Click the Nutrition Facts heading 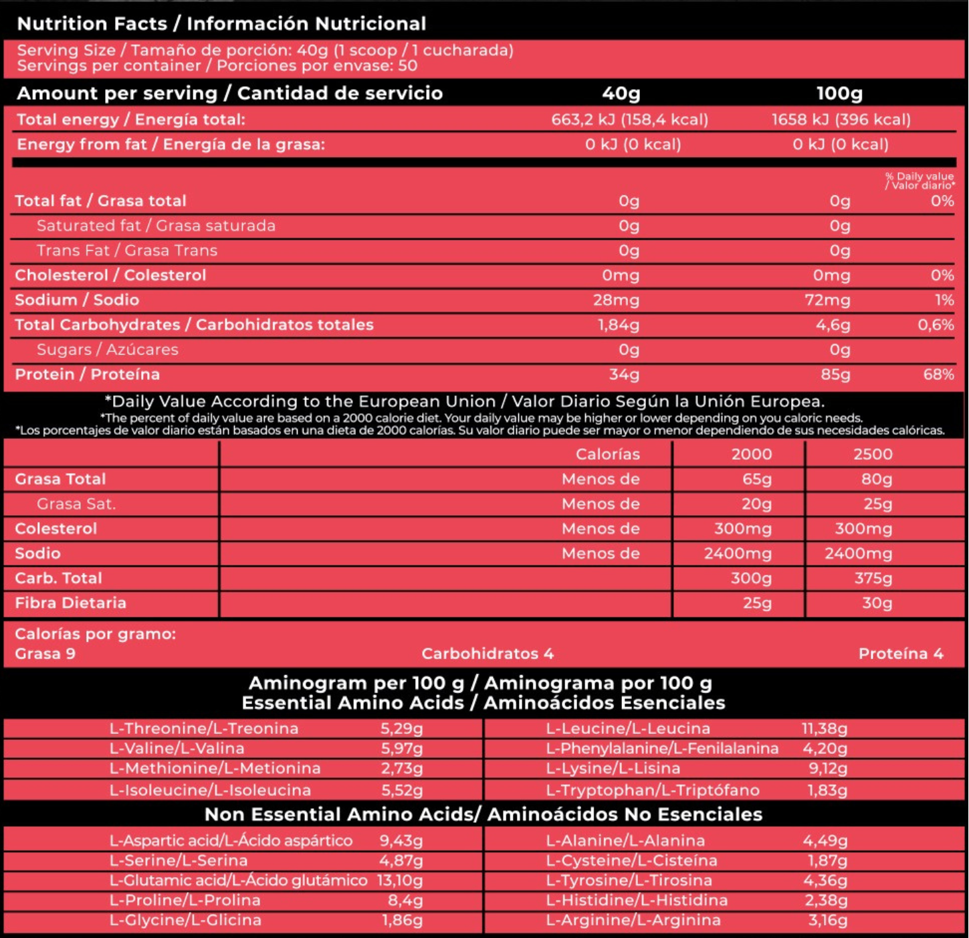pyautogui.click(x=221, y=23)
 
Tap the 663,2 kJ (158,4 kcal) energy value pyautogui.click(x=629, y=120)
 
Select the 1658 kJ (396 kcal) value pyautogui.click(x=841, y=120)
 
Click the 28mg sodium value pyautogui.click(x=616, y=300)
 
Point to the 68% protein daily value pyautogui.click(x=938, y=374)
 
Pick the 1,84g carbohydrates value pyautogui.click(x=618, y=324)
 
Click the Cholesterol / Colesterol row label pyautogui.click(x=110, y=275)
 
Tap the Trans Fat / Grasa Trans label pyautogui.click(x=127, y=250)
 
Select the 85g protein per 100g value pyautogui.click(x=835, y=374)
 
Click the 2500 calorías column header pyautogui.click(x=873, y=454)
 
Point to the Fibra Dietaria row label pyautogui.click(x=70, y=603)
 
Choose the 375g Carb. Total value pyautogui.click(x=873, y=578)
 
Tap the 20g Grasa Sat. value pyautogui.click(x=756, y=504)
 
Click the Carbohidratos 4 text pyautogui.click(x=488, y=654)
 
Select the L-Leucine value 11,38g pyautogui.click(x=825, y=729)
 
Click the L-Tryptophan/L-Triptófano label pyautogui.click(x=653, y=790)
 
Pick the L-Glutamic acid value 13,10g pyautogui.click(x=400, y=880)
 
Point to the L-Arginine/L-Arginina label pyautogui.click(x=633, y=920)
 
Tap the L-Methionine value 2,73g pyautogui.click(x=402, y=768)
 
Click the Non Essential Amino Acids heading pyautogui.click(x=483, y=814)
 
